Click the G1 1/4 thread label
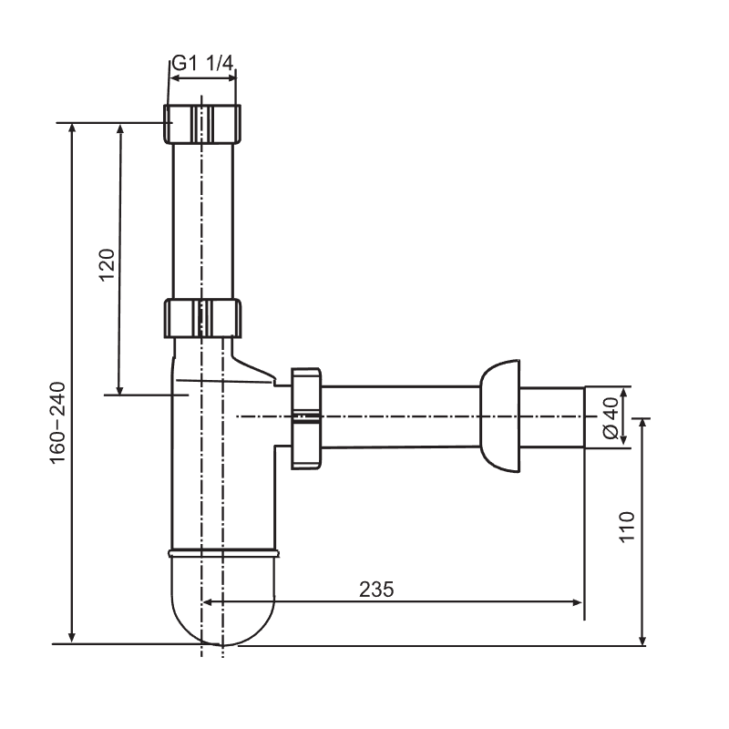pyautogui.click(x=202, y=63)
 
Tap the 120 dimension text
pyautogui.click(x=108, y=264)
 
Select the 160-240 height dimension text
pyautogui.click(x=58, y=423)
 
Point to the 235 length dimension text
pyautogui.click(x=376, y=589)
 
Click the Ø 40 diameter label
pyautogui.click(x=611, y=418)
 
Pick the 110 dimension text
pyautogui.click(x=627, y=527)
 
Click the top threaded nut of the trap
pyautogui.click(x=202, y=124)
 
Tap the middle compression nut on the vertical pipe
pyautogui.click(x=202, y=318)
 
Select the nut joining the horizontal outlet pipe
pyautogui.click(x=306, y=418)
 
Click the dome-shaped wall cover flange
pyautogui.click(x=499, y=416)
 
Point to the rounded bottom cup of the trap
pyautogui.click(x=222, y=600)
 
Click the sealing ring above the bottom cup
pyautogui.click(x=223, y=553)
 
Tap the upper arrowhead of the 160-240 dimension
pyautogui.click(x=72, y=128)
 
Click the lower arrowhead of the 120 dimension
pyautogui.click(x=119, y=390)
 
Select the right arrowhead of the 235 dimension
pyautogui.click(x=577, y=602)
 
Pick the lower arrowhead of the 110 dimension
pyautogui.click(x=642, y=640)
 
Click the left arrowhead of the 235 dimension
pyautogui.click(x=209, y=602)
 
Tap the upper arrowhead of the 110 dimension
pyautogui.click(x=642, y=424)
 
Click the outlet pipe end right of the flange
pyautogui.click(x=552, y=417)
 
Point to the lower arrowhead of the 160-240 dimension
pyautogui.click(x=72, y=638)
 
